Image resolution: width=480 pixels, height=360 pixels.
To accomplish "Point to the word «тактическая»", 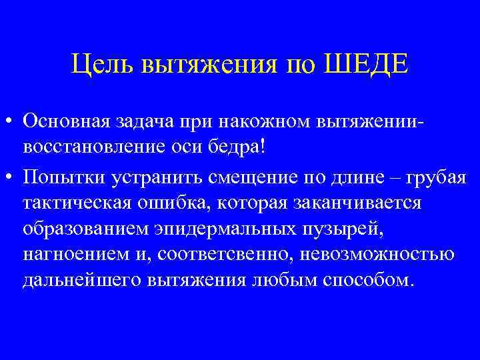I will pos(75,202).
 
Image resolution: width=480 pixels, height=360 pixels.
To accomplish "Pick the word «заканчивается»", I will pos(349,202).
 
